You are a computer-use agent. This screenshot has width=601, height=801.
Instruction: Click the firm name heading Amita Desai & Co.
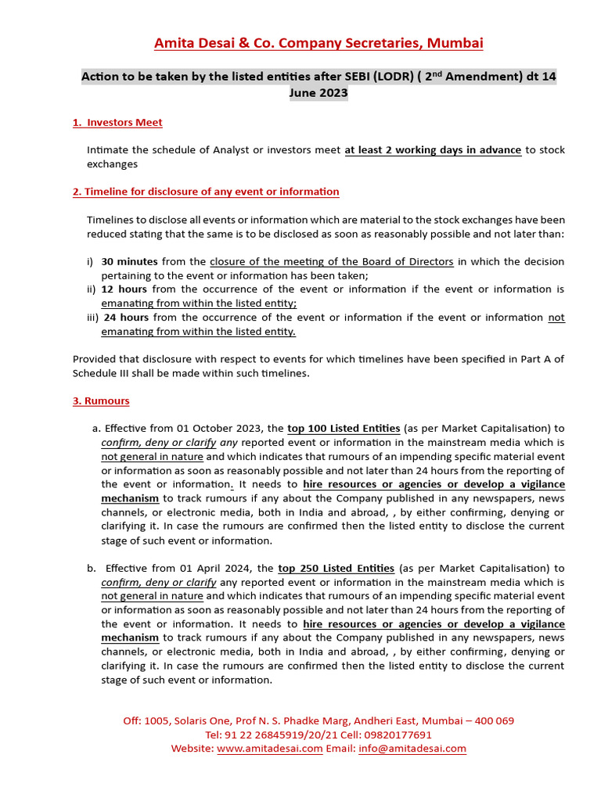[x=318, y=43]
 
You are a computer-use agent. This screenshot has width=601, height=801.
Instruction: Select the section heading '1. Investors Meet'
[x=117, y=122]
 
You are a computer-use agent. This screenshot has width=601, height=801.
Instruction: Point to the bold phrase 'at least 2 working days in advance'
[x=433, y=150]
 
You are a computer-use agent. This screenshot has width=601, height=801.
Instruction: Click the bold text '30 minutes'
[x=129, y=261]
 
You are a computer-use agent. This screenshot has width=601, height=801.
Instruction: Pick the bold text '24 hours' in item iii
[x=126, y=318]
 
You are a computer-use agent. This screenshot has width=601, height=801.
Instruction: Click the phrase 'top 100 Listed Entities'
[x=344, y=429]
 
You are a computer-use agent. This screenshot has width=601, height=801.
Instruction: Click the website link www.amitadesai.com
[x=269, y=749]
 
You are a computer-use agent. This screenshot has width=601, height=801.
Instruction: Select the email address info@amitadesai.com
[x=412, y=749]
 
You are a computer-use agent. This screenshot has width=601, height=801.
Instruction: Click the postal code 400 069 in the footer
[x=490, y=720]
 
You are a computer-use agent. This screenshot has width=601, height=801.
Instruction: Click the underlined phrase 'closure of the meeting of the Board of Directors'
[x=332, y=261]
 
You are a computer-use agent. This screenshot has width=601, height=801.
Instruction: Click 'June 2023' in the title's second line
[x=318, y=93]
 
